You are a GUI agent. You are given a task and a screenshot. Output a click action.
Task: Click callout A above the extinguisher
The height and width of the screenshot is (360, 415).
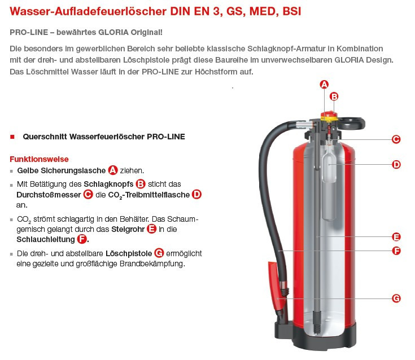[324, 85]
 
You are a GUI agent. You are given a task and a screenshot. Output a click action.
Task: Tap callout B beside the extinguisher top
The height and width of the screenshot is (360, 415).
[334, 96]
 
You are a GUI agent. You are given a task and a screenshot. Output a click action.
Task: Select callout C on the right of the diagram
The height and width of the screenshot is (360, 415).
[396, 139]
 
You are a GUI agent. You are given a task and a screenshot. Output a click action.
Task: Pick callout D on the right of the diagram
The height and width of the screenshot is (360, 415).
[396, 165]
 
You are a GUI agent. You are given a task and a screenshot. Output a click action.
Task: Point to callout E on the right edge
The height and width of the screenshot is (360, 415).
[396, 237]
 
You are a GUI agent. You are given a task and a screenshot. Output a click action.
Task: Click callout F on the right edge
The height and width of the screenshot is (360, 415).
[396, 251]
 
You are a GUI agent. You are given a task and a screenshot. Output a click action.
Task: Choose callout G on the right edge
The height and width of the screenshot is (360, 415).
[396, 298]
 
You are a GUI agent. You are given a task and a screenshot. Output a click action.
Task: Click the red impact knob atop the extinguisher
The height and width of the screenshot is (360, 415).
[329, 115]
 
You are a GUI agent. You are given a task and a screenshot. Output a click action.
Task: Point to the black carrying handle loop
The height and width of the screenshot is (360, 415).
[351, 123]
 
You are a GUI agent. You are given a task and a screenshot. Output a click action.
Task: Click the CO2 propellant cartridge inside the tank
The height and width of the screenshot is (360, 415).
[329, 182]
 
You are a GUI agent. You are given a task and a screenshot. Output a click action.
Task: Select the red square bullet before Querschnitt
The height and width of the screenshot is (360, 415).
[12, 137]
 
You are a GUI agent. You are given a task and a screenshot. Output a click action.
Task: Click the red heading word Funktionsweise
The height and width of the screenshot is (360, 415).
[39, 159]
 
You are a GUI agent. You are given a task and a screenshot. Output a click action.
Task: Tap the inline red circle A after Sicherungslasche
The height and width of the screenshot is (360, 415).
[113, 170]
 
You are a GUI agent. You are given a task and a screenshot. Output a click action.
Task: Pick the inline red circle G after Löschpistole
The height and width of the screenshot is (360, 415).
[159, 253]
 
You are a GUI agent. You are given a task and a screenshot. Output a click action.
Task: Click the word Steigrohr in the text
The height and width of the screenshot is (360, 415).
[128, 229]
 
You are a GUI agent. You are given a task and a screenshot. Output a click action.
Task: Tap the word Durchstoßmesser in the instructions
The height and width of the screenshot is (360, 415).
[49, 195]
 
